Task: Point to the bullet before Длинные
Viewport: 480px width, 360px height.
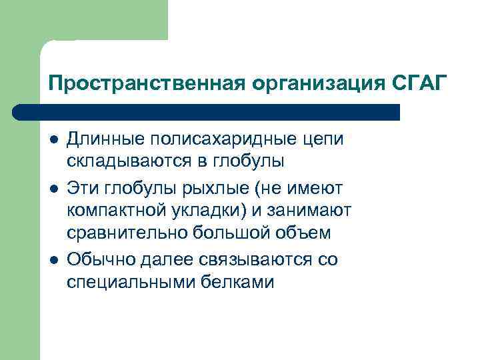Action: pos(53,140)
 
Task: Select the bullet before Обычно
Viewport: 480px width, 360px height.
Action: pos(53,259)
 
